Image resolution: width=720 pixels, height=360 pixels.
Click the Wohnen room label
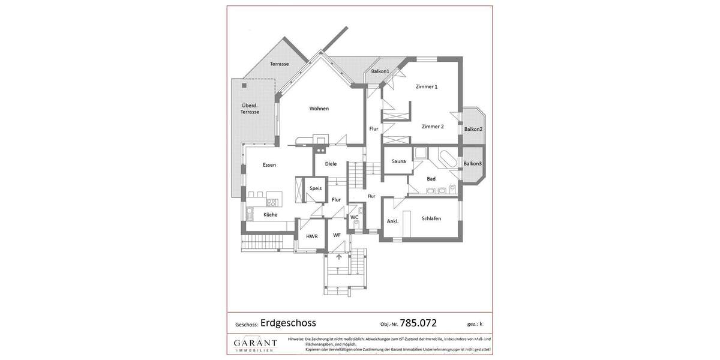click(x=319, y=109)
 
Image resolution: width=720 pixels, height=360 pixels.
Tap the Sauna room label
click(x=398, y=161)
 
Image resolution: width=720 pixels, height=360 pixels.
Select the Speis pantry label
click(x=316, y=188)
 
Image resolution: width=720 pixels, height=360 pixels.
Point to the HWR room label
click(x=311, y=236)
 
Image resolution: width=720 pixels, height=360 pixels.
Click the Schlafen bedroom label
click(x=431, y=218)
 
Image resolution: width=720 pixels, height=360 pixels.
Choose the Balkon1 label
click(x=380, y=71)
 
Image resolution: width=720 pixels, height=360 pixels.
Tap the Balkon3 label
click(x=473, y=163)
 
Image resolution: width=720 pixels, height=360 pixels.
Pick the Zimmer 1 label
click(x=427, y=86)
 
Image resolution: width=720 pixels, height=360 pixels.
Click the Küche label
click(x=270, y=214)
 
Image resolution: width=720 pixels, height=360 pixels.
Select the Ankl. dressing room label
click(x=392, y=221)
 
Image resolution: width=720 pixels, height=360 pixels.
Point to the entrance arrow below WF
click(x=339, y=257)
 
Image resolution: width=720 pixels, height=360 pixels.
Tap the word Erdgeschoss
click(x=288, y=323)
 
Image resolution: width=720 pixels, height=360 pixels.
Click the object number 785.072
click(x=418, y=323)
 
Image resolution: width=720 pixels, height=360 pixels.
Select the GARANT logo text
click(x=255, y=343)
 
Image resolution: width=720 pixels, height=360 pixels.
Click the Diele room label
click(x=331, y=164)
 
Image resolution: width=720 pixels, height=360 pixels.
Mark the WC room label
click(x=354, y=217)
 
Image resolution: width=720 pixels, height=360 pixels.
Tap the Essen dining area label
click(x=269, y=165)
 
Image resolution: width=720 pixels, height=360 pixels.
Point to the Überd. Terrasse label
click(x=250, y=109)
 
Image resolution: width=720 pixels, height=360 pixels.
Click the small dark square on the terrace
click(x=244, y=86)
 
